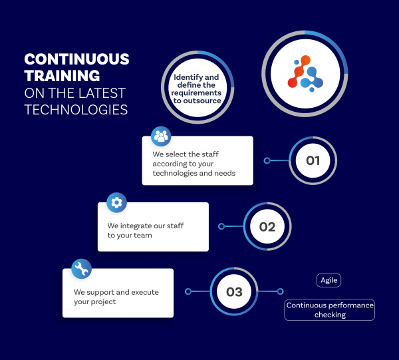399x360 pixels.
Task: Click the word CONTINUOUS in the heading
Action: pyautogui.click(x=76, y=59)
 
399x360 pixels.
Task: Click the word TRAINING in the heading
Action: pyautogui.click(x=62, y=75)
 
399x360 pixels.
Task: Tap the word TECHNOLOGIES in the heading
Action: pyautogui.click(x=76, y=109)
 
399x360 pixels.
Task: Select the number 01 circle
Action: pyautogui.click(x=313, y=160)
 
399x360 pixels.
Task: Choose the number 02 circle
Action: pyautogui.click(x=267, y=226)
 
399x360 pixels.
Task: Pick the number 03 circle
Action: pyautogui.click(x=234, y=291)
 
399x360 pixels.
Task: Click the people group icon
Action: pyautogui.click(x=161, y=136)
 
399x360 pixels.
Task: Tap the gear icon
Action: pyautogui.click(x=116, y=202)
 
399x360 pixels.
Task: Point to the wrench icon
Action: pyautogui.click(x=81, y=269)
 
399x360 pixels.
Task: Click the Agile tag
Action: pyautogui.click(x=329, y=280)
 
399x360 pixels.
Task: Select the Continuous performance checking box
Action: pyautogui.click(x=330, y=310)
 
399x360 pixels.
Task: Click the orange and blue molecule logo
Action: pyautogui.click(x=305, y=73)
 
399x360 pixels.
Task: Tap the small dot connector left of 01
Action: pyautogui.click(x=267, y=160)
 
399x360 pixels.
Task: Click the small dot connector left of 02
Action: pyautogui.click(x=221, y=226)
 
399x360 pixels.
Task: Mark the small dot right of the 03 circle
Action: pyautogui.click(x=280, y=291)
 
